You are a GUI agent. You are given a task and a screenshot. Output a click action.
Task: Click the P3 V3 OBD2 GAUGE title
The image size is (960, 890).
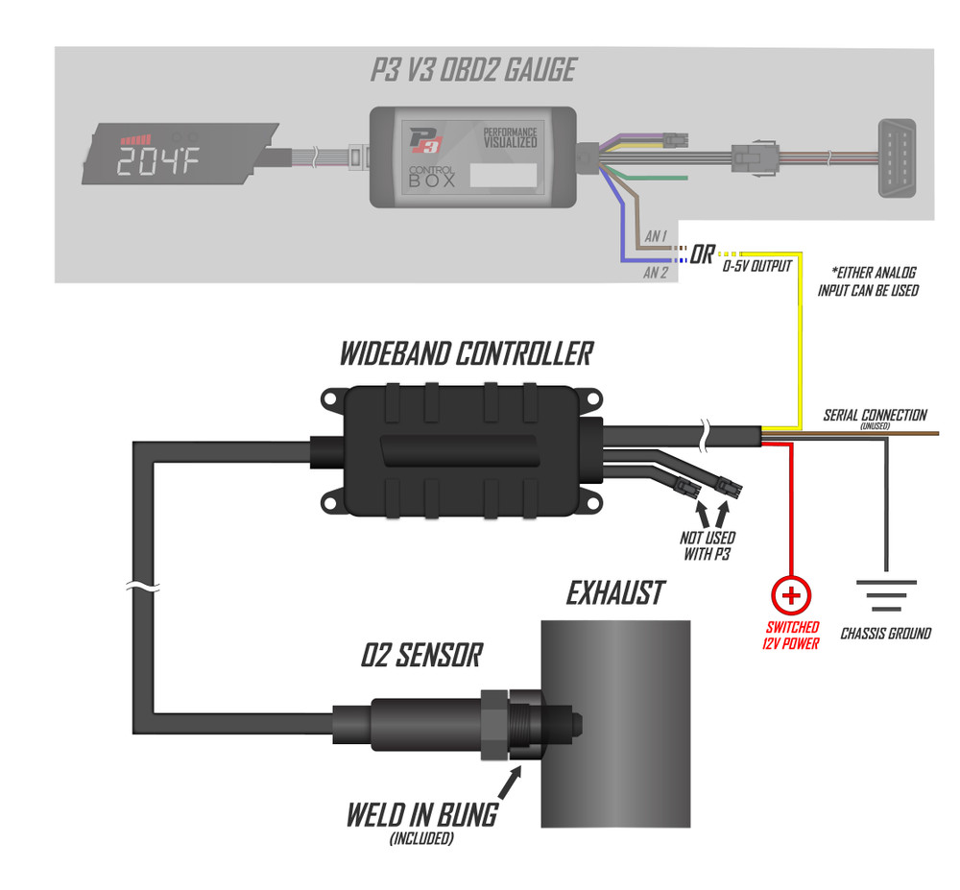(472, 70)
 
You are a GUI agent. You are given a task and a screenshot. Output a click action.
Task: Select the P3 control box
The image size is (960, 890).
(472, 156)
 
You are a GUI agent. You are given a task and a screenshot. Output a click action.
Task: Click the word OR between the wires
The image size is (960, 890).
(702, 256)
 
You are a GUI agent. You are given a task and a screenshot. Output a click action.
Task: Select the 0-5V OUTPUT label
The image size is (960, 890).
(756, 267)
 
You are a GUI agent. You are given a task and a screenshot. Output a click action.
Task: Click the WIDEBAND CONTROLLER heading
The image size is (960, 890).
(465, 353)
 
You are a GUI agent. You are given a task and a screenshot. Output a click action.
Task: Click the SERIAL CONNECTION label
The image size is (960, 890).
(875, 417)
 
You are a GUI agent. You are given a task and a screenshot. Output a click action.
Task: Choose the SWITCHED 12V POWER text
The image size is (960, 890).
(791, 635)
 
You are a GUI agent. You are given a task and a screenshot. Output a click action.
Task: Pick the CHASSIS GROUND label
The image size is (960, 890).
(885, 634)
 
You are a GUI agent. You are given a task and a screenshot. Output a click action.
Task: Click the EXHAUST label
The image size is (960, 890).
(614, 593)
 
